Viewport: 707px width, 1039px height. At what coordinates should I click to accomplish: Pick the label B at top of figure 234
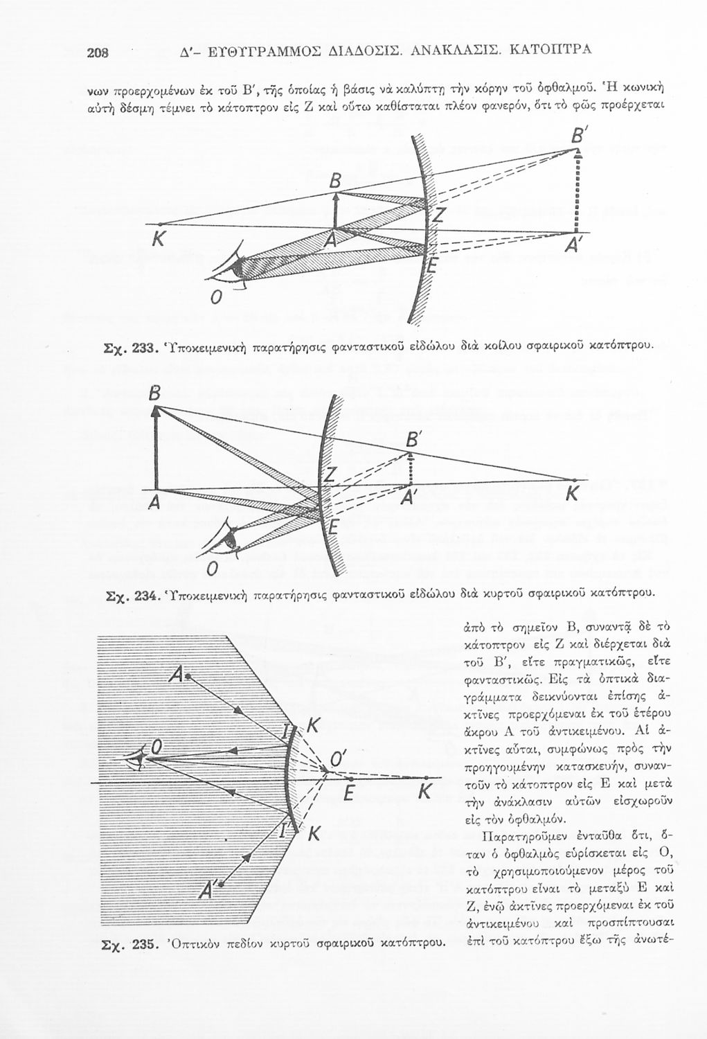tap(154, 394)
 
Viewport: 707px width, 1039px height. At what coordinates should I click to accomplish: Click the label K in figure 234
tap(572, 493)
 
